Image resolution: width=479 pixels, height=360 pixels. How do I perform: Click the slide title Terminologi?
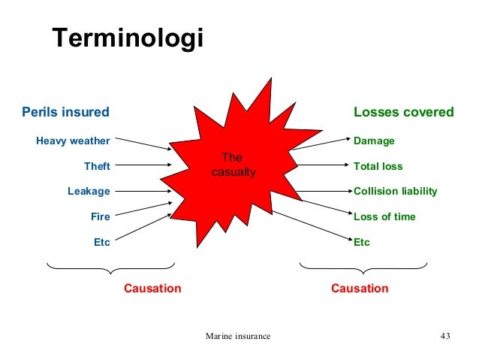tap(127, 40)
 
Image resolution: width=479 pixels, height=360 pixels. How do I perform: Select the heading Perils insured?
tap(65, 112)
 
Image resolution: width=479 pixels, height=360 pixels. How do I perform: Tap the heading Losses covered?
tap(403, 112)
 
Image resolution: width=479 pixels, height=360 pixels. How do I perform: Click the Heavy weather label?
tap(73, 141)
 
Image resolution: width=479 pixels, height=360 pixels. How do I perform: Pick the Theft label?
tap(97, 166)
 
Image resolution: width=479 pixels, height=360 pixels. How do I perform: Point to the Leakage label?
tap(89, 191)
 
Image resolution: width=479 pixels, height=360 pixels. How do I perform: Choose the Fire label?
tap(101, 216)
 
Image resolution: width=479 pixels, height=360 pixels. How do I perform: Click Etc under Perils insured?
tap(101, 242)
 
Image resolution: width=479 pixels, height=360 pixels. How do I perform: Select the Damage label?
tap(374, 141)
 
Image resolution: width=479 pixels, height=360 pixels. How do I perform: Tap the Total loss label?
tap(378, 166)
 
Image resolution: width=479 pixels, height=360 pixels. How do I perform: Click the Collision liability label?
tap(395, 191)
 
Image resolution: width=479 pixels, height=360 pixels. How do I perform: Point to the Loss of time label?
tap(384, 216)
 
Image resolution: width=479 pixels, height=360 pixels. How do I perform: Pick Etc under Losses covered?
tap(362, 242)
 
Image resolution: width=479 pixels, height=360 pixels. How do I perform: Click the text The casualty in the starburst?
tap(232, 165)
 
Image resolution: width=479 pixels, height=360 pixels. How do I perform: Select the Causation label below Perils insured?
tap(152, 288)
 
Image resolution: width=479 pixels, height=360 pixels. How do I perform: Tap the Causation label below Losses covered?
tap(360, 288)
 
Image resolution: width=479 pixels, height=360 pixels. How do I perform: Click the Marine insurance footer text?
tap(238, 335)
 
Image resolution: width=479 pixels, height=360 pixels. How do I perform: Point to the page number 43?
tap(444, 335)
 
